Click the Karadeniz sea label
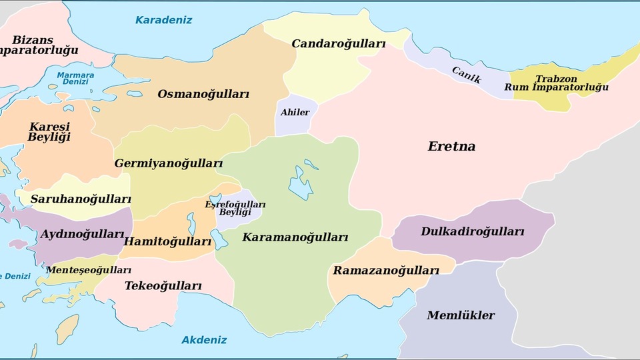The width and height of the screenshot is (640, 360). [163, 20]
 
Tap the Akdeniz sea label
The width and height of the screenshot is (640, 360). [204, 340]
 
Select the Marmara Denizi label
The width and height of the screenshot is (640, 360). [75, 78]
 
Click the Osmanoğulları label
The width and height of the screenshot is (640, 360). [203, 94]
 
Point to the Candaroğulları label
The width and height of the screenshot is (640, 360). [339, 44]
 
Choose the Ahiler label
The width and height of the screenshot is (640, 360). [295, 112]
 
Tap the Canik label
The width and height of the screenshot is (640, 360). [466, 75]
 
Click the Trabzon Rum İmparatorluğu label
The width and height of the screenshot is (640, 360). [556, 83]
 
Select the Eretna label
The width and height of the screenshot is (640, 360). [451, 147]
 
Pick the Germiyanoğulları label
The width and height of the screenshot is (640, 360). [168, 163]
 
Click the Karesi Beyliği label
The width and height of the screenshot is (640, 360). [49, 132]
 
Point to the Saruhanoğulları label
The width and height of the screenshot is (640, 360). [81, 199]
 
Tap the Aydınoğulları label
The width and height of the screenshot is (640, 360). [82, 234]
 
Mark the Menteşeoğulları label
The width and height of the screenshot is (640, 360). [89, 270]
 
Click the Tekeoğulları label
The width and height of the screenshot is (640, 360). [163, 286]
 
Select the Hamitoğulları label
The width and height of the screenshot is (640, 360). [167, 241]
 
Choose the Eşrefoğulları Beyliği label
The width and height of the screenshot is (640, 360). [235, 208]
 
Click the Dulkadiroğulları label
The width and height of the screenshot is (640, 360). [472, 232]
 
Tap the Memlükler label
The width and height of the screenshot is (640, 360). [461, 315]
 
